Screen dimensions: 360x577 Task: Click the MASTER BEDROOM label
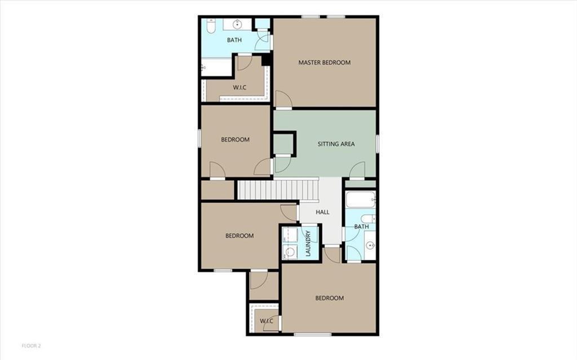tap(324, 63)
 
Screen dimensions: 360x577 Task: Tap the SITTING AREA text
tap(336, 144)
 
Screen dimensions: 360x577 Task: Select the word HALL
tap(322, 212)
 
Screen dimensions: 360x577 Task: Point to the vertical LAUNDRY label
tap(308, 243)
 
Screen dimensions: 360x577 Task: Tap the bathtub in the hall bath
tap(360, 199)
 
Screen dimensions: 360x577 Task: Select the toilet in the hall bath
tap(369, 219)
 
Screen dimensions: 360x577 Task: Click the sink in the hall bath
tap(370, 246)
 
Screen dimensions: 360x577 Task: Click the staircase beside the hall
tap(277, 189)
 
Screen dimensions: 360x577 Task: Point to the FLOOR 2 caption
tap(32, 345)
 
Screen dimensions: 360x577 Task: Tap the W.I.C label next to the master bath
tap(240, 88)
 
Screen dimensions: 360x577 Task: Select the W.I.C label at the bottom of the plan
tap(266, 321)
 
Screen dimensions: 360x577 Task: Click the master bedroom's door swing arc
tap(283, 100)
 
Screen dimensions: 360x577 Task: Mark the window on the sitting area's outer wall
tap(377, 144)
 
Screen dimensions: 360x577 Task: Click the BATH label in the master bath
tap(234, 41)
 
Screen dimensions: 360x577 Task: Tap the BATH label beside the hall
tap(361, 227)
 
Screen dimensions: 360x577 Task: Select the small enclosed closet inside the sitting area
tap(283, 143)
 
